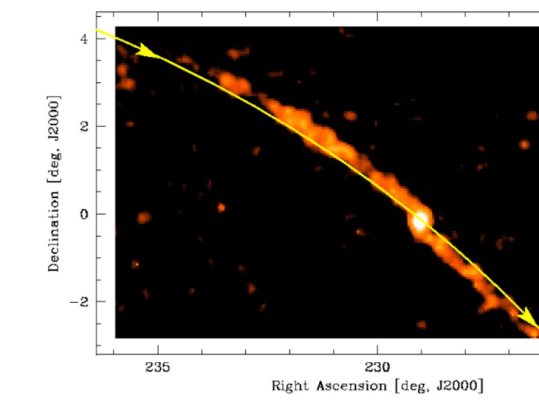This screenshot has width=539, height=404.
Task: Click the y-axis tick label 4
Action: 83,39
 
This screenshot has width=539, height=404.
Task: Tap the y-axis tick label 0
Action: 83,214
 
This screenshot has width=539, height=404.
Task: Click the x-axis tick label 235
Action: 158,366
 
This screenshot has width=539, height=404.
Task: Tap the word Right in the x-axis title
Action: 287,385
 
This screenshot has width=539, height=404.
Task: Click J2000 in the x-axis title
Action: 461,385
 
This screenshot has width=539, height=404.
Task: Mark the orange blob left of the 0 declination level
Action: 143,217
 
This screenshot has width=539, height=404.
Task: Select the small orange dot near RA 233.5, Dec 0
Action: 221,207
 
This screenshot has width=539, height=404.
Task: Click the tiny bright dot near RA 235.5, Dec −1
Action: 135,264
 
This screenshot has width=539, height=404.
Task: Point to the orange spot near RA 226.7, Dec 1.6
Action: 524,144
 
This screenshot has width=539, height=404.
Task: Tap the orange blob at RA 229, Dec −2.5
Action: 421,324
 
